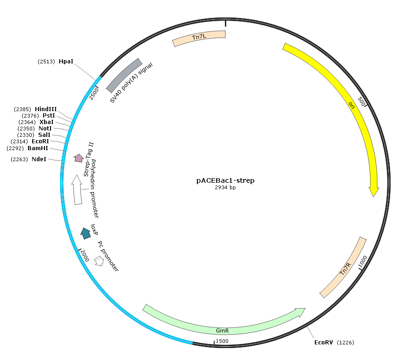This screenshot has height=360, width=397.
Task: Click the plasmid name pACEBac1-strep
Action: pos(225,180)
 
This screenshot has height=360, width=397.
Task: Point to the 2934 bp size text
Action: pos(225,187)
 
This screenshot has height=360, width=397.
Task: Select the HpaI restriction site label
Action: pos(66,62)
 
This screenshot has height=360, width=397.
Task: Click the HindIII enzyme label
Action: pos(46,109)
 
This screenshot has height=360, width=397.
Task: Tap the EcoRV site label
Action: pos(324,343)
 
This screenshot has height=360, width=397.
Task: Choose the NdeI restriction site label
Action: pos(39,159)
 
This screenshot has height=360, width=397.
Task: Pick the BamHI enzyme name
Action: pos(38,148)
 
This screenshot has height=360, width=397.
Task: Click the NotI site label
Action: pos(45,129)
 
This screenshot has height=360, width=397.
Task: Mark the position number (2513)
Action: pos(46,62)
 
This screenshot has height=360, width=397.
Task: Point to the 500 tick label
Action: pos(362,101)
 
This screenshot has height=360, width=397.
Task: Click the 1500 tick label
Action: pos(222,341)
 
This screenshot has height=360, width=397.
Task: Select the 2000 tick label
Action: pos(85,255)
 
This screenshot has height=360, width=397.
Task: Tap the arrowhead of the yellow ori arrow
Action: pos(374,192)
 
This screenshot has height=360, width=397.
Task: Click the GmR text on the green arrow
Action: pos(222,331)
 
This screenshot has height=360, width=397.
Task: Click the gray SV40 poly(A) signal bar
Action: pos(123,75)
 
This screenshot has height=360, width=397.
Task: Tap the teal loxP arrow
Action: pos(85,233)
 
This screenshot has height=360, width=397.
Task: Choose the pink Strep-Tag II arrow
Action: pos(79,158)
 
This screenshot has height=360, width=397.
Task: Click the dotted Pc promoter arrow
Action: pos(99,261)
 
